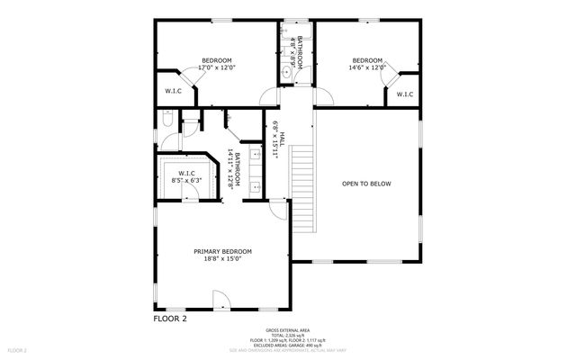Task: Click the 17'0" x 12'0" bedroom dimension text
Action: tap(216, 67)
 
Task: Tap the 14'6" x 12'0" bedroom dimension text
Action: tap(367, 67)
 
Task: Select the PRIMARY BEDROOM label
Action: tap(222, 251)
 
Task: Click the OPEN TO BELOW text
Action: tap(366, 184)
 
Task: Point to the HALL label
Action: tap(282, 138)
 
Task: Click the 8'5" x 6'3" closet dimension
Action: tap(187, 180)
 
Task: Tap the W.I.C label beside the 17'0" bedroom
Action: tap(174, 90)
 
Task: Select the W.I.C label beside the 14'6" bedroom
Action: tap(404, 94)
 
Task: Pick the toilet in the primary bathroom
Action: tap(166, 120)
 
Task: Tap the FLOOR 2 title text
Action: tap(169, 319)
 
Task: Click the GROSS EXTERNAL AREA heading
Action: tap(288, 329)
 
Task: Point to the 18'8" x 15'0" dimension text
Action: tap(222, 259)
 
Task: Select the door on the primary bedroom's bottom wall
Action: tap(220, 300)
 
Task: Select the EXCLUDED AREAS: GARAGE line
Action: tap(288, 343)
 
